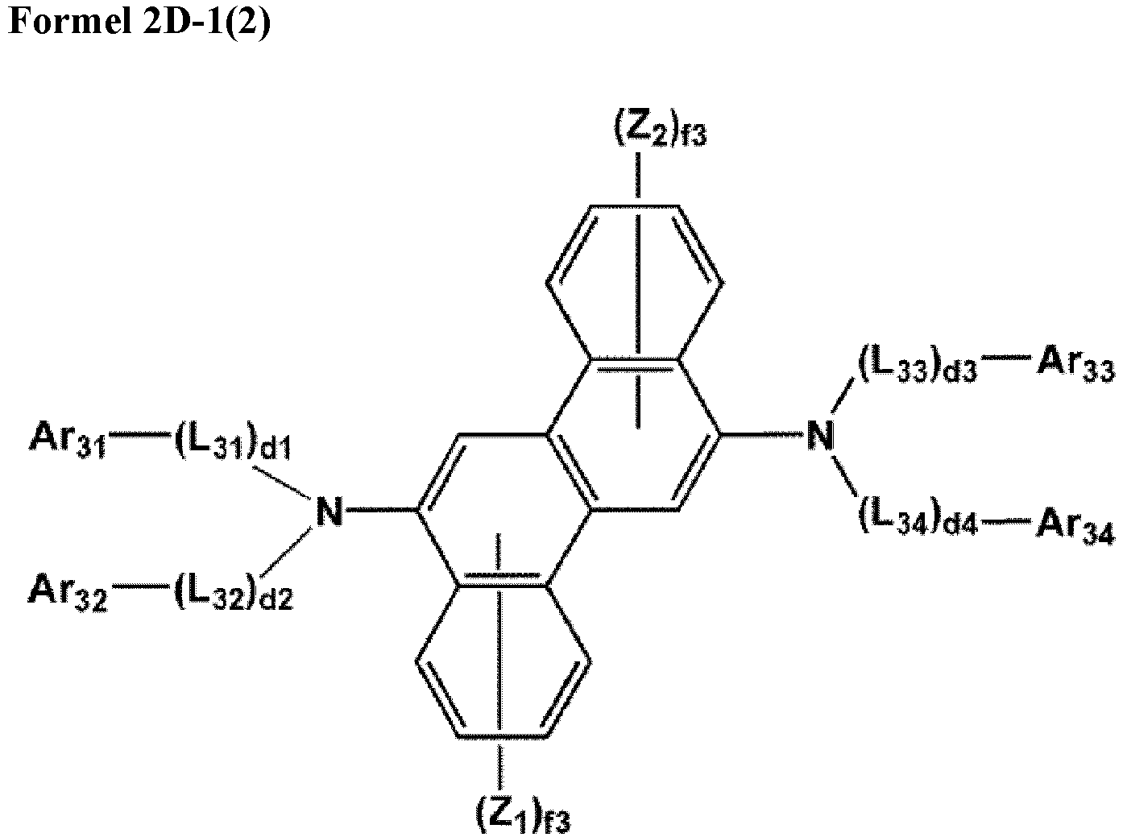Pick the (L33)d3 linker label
tap(917, 368)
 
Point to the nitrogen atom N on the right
tap(819, 437)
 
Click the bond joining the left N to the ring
tap(379, 511)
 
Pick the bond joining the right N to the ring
tap(760, 436)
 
